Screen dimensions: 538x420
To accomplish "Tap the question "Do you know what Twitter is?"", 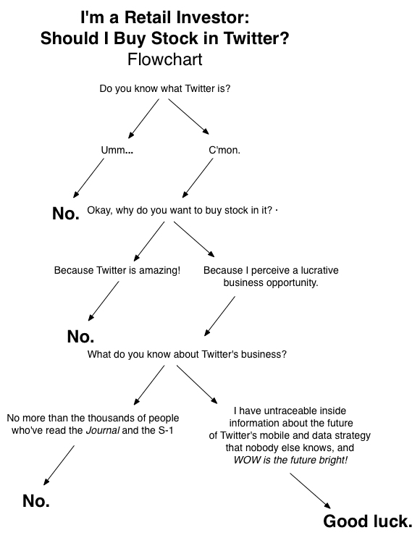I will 169,89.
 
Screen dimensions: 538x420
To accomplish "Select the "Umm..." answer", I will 117,150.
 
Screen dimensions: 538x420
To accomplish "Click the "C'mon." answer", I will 224,150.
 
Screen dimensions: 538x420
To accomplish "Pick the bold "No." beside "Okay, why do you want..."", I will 66,214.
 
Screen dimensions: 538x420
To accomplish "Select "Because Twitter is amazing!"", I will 117,270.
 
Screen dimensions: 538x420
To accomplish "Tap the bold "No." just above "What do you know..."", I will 80,337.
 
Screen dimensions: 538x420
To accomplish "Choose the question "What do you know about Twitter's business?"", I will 187,355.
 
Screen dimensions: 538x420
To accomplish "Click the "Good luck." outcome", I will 367,521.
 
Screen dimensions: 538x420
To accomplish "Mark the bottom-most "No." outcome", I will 36,500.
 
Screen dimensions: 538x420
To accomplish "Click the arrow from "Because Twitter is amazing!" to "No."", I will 103,300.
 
